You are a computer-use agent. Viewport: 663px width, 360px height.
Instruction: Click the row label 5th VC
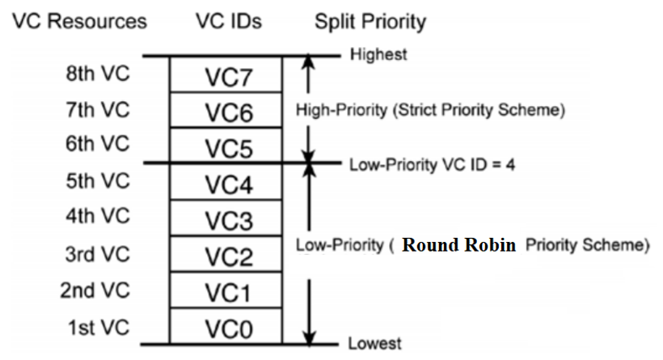click(x=97, y=180)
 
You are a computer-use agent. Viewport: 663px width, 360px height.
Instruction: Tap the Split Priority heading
click(x=370, y=21)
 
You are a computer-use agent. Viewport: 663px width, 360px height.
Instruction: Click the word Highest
click(x=378, y=55)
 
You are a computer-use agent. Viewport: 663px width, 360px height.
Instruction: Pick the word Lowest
click(x=374, y=344)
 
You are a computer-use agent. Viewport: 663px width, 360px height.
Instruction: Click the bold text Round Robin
click(x=458, y=245)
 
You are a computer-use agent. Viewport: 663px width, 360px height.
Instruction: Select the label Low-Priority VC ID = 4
click(x=432, y=164)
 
